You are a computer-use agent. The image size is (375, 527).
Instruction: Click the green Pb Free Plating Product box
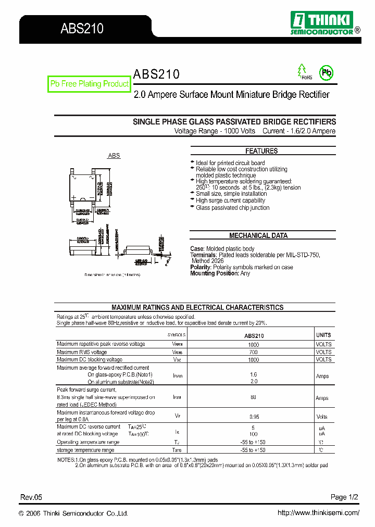89,84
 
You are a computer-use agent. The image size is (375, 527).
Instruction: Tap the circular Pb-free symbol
326,73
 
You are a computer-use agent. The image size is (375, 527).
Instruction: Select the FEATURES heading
261,151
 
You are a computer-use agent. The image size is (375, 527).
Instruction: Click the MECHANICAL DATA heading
258,235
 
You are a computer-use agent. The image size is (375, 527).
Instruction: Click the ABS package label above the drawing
114,156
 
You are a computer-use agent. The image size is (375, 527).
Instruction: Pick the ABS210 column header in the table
254,336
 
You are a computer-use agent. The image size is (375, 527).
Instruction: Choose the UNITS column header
323,335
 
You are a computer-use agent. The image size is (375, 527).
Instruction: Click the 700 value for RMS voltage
254,352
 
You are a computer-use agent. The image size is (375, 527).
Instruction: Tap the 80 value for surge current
254,397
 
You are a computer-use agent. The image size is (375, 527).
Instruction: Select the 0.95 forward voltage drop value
254,417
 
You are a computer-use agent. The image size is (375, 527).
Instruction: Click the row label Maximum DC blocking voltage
90,359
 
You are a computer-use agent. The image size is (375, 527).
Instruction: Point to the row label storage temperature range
85,450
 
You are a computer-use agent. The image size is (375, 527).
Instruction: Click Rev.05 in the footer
31,497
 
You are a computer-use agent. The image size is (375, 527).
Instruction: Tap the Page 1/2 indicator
344,497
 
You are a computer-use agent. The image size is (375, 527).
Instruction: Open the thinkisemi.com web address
318,513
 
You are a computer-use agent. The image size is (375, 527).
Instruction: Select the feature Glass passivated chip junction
232,208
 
